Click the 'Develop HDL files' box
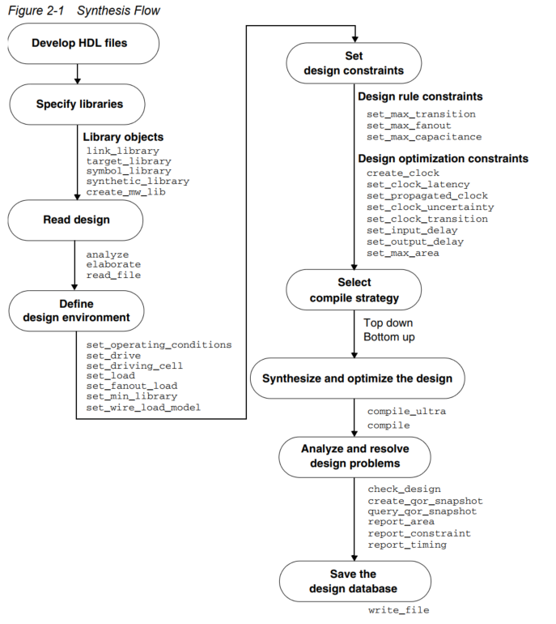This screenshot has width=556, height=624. pyautogui.click(x=79, y=43)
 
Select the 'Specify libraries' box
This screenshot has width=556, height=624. pyautogui.click(x=79, y=104)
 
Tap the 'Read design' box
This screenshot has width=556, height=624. pyautogui.click(x=77, y=219)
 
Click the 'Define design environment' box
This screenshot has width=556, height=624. pyautogui.click(x=77, y=310)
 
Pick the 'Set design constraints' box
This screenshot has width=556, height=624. pyautogui.click(x=354, y=63)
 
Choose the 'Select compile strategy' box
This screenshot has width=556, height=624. pyautogui.click(x=354, y=290)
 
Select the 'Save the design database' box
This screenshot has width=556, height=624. pyautogui.click(x=353, y=581)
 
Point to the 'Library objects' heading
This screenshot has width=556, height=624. pyautogui.click(x=123, y=137)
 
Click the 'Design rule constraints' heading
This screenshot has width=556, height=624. pyautogui.click(x=420, y=97)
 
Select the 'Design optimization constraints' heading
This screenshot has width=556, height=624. pyautogui.click(x=443, y=158)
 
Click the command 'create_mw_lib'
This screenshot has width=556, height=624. pyautogui.click(x=126, y=192)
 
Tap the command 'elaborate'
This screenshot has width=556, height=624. pyautogui.click(x=113, y=264)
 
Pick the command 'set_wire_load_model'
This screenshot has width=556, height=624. pyautogui.click(x=143, y=408)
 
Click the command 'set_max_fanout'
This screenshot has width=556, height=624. pyautogui.click(x=409, y=126)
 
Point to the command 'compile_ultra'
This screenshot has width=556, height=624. pyautogui.click(x=406, y=412)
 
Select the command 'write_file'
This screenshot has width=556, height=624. pyautogui.click(x=398, y=610)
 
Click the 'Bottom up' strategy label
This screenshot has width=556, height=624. pyautogui.click(x=389, y=336)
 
